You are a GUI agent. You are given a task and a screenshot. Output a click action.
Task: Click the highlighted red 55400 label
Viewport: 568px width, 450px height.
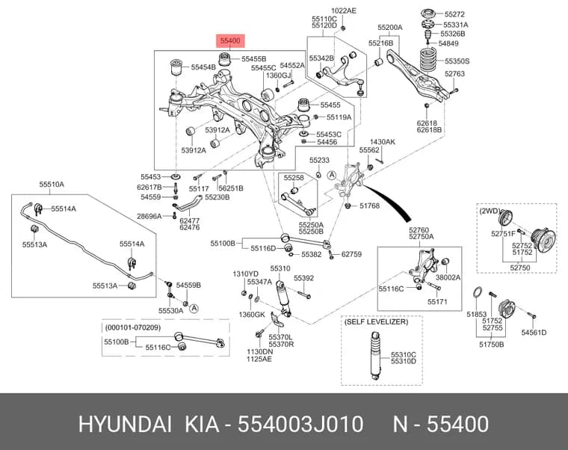click(x=230, y=41)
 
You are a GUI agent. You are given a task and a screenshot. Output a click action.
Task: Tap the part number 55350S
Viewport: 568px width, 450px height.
click(x=457, y=61)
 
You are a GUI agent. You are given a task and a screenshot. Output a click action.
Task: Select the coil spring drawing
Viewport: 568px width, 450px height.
click(x=428, y=61)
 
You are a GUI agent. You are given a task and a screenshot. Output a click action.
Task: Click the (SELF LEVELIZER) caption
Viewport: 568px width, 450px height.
click(x=376, y=321)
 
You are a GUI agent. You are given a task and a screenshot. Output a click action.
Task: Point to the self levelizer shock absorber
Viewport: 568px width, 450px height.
click(x=375, y=355)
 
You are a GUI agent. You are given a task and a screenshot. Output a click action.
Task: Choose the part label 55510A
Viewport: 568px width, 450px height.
click(x=52, y=185)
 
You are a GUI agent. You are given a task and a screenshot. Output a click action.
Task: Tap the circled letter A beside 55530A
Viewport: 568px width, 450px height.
click(x=194, y=308)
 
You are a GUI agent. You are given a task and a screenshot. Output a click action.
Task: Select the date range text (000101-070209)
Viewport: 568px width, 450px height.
click(x=132, y=327)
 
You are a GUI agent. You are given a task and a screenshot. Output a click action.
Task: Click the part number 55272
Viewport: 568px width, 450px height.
click(x=454, y=14)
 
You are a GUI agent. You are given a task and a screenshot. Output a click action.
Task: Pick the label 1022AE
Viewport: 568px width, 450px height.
click(x=343, y=10)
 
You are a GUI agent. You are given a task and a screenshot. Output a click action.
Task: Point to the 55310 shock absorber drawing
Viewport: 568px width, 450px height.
click(x=283, y=298)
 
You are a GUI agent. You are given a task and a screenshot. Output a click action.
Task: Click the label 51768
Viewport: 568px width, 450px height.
click(x=369, y=206)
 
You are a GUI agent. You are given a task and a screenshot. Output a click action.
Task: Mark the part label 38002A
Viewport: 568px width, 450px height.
click(x=448, y=277)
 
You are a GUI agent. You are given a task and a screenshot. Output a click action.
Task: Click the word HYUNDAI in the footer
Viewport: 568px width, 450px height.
click(x=125, y=425)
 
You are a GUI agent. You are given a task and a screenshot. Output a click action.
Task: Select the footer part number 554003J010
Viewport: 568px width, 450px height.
click(x=300, y=425)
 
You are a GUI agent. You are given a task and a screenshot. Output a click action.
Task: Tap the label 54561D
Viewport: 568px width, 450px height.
click(x=534, y=332)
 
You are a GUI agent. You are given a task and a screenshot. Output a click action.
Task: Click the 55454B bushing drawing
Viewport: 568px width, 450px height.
click(x=177, y=67)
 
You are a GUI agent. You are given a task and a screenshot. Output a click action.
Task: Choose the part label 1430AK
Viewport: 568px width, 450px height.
click(x=383, y=142)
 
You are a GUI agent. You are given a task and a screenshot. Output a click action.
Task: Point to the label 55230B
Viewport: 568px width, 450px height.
click(x=217, y=197)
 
